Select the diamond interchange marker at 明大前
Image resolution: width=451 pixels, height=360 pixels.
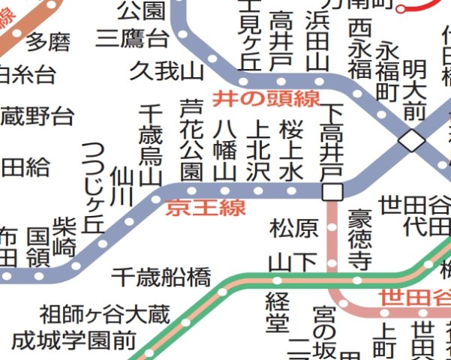pyautogui.click(x=410, y=139)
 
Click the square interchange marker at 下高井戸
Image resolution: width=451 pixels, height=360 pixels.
pyautogui.click(x=332, y=192)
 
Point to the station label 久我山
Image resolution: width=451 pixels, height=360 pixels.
pyautogui.click(x=167, y=71)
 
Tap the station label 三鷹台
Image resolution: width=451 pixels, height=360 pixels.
pyautogui.click(x=132, y=38)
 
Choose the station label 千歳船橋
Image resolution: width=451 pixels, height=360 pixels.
pyautogui.click(x=161, y=277)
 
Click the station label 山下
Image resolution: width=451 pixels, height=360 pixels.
pyautogui.click(x=294, y=262)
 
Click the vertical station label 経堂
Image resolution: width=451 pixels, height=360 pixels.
pyautogui.click(x=276, y=313)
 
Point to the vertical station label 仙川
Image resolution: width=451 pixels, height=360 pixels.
pyautogui.click(x=121, y=187)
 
